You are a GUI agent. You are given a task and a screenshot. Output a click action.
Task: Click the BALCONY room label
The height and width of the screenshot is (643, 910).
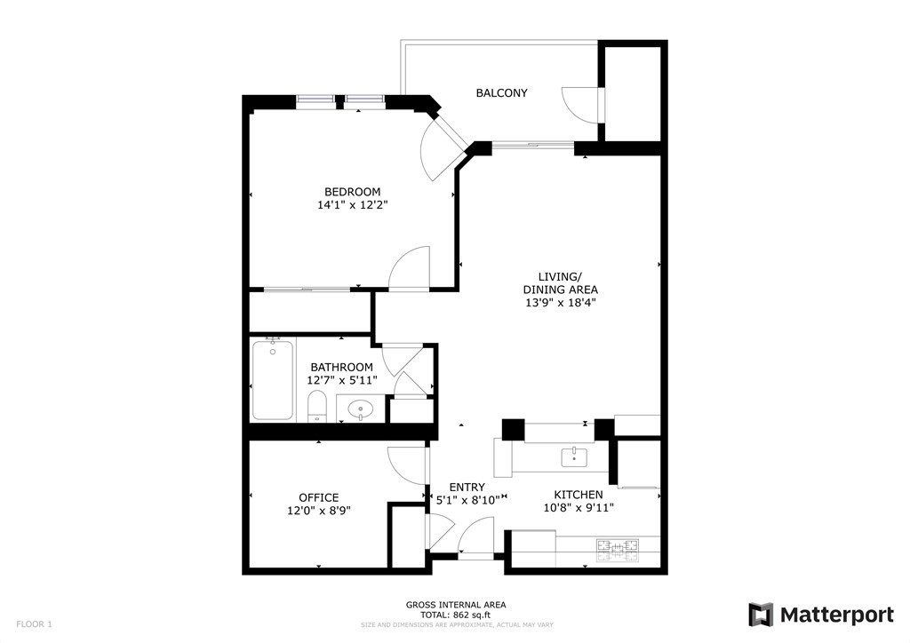[x=501, y=93]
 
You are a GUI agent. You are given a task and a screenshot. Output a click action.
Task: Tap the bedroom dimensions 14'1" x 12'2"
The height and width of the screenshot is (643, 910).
[x=353, y=205]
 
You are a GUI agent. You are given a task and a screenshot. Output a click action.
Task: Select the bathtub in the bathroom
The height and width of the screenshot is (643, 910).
[x=272, y=380]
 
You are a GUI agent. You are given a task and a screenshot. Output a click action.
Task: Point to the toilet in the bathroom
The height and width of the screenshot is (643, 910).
[x=317, y=409]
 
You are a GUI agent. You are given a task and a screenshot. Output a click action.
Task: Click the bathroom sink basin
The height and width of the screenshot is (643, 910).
[x=360, y=410]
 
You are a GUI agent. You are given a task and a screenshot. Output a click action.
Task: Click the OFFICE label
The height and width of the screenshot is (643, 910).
[x=318, y=498]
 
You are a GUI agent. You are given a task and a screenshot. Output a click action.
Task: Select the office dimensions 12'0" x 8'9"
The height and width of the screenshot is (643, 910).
[x=318, y=512]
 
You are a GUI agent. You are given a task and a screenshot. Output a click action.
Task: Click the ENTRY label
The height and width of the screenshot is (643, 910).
[x=467, y=488]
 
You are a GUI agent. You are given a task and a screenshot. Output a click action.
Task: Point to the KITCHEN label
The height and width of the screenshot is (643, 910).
[x=579, y=495]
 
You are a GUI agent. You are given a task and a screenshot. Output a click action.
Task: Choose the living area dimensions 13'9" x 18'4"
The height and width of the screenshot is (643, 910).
[x=560, y=303]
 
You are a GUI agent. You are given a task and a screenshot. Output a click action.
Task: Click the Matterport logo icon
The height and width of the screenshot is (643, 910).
[x=761, y=615]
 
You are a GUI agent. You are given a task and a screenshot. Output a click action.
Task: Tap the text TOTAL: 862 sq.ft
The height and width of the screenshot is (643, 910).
[x=456, y=615]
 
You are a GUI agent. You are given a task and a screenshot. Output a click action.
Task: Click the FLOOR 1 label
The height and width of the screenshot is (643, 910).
[x=35, y=624]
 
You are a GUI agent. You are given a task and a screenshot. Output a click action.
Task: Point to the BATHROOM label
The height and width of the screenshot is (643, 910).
[x=341, y=368]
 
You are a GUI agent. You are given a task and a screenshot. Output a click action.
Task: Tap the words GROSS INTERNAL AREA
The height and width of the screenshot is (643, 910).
[x=456, y=605]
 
